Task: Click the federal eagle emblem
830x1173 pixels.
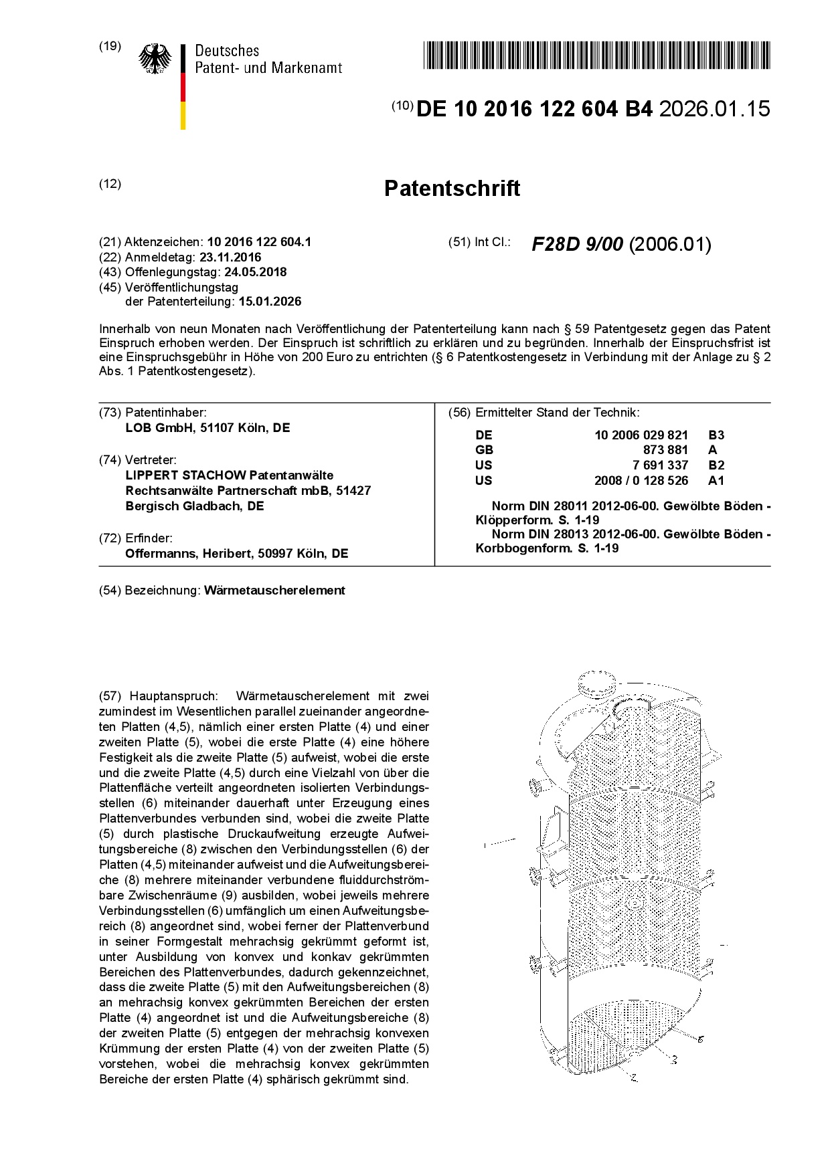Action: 155,59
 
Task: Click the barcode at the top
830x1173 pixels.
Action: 596,55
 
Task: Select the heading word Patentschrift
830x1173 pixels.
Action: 452,189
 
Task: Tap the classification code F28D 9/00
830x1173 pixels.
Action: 578,245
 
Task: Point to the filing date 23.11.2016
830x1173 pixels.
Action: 230,257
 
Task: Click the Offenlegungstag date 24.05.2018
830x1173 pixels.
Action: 256,272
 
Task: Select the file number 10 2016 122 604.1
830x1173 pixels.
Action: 259,242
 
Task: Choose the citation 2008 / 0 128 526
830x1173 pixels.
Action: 641,481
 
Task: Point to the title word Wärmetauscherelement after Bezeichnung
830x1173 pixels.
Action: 274,591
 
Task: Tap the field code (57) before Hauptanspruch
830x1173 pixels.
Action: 110,696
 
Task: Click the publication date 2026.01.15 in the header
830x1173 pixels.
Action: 714,109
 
